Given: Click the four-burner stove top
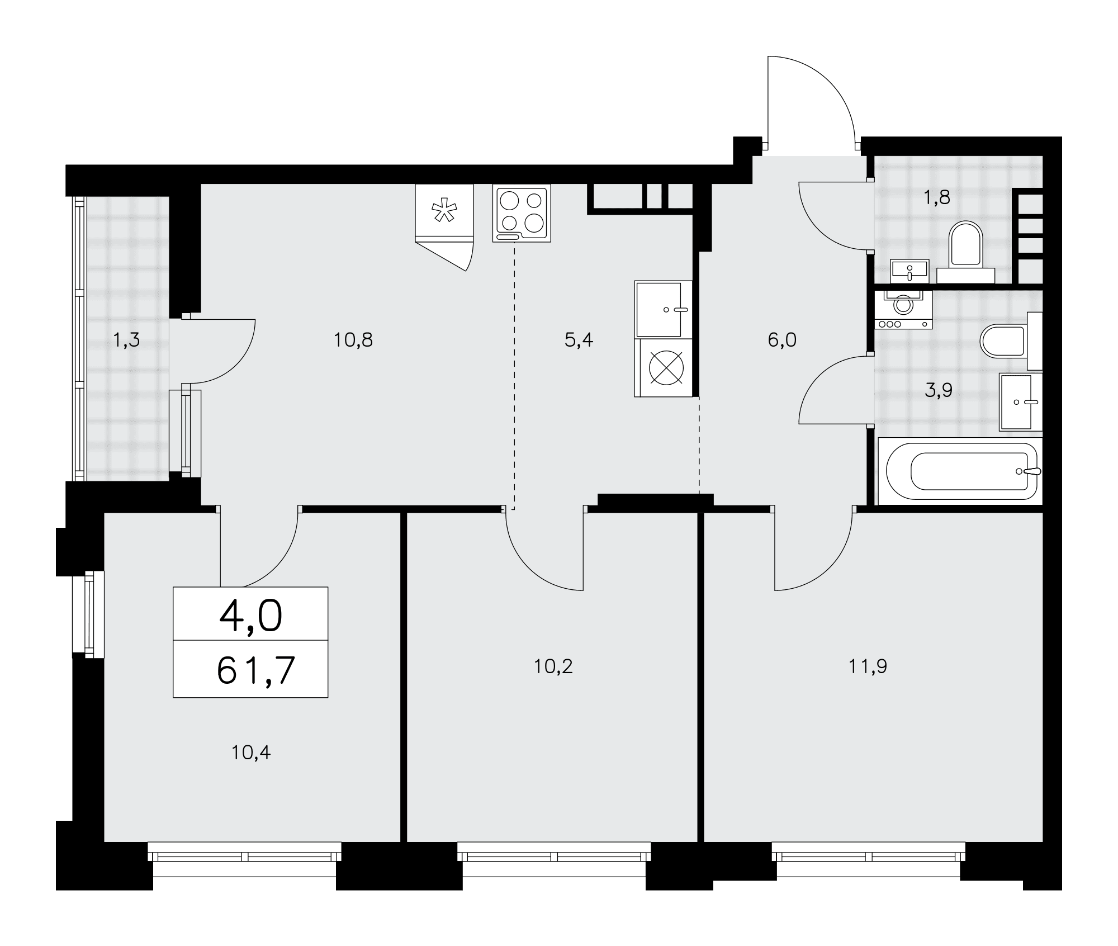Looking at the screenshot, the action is click(522, 213).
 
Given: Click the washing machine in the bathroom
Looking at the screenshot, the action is click(903, 309).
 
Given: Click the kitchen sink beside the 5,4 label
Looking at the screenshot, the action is click(663, 309).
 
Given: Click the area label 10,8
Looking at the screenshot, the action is click(353, 340).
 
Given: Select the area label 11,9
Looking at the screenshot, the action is click(868, 666).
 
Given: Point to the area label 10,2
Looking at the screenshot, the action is click(553, 666).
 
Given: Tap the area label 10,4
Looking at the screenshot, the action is click(251, 753).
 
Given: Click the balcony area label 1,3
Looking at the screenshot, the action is click(126, 340).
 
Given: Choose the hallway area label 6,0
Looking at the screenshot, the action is click(782, 340).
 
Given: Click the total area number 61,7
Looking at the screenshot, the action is click(255, 670).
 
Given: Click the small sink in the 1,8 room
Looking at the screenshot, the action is click(910, 271).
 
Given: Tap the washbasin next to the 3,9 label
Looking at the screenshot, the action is click(1021, 402).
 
